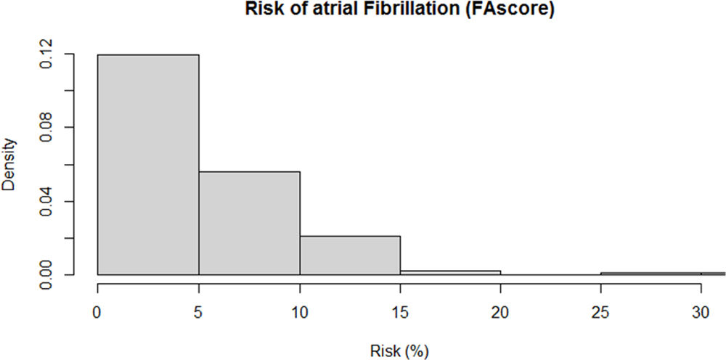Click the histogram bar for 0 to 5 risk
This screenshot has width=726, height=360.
click(148, 165)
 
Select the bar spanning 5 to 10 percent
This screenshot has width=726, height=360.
click(249, 224)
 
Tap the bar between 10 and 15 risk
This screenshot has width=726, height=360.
click(349, 255)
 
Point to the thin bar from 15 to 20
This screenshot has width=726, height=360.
click(450, 273)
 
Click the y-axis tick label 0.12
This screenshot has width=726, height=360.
click(46, 54)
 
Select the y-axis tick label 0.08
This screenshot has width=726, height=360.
click(46, 128)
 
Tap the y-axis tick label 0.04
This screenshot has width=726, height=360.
click(46, 201)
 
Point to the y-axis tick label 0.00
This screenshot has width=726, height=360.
click(46, 274)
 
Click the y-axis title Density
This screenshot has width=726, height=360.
click(9, 165)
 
